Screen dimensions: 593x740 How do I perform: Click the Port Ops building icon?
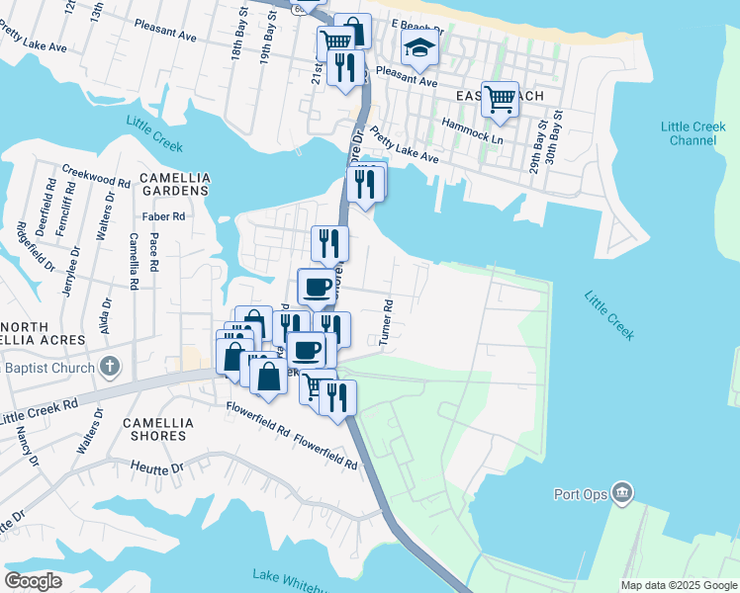(621, 491)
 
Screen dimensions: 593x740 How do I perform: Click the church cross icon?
(109, 367)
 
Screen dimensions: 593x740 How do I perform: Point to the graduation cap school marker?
(419, 47)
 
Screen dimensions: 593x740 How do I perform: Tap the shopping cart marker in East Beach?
(501, 98)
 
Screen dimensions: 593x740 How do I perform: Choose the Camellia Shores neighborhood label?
(154, 428)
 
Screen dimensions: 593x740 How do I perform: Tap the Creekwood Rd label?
(96, 177)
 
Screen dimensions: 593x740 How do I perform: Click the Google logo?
(33, 580)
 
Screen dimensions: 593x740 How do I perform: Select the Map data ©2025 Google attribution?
(679, 585)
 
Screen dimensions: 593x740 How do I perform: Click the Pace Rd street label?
(153, 252)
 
